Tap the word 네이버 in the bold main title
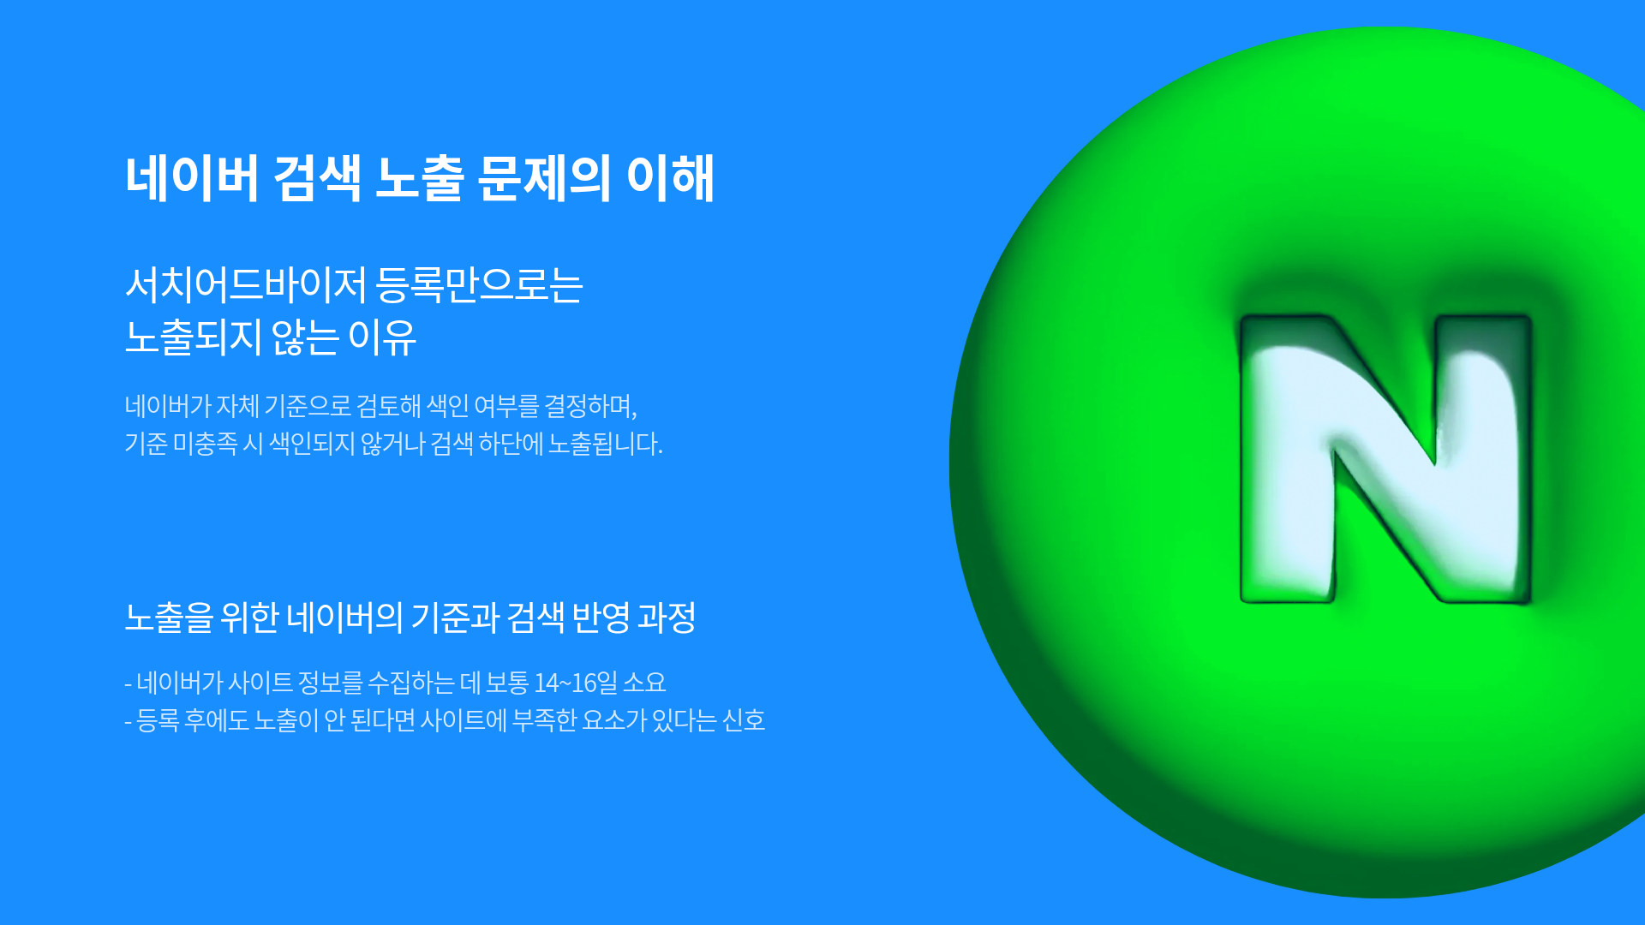click(x=192, y=178)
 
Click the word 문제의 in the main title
click(x=544, y=178)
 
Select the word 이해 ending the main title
click(x=670, y=178)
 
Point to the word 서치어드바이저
click(x=246, y=284)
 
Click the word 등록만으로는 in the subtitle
click(x=480, y=284)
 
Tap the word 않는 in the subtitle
click(x=305, y=337)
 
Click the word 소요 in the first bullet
click(x=644, y=683)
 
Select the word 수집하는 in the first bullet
click(x=411, y=683)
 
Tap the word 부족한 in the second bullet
click(x=544, y=720)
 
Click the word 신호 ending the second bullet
click(x=744, y=720)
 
